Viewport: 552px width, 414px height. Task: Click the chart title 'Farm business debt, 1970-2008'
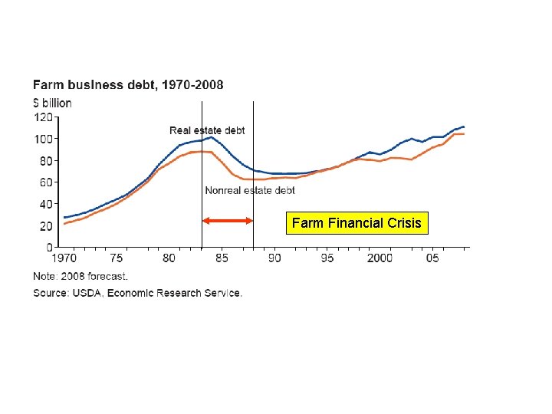(x=128, y=84)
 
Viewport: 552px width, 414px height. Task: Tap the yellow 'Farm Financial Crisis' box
(x=356, y=223)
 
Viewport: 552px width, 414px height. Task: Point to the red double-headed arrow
(x=228, y=221)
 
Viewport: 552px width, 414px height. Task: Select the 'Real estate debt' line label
(x=207, y=130)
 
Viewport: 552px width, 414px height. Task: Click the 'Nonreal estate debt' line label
(x=250, y=190)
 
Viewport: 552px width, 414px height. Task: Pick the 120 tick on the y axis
(x=43, y=117)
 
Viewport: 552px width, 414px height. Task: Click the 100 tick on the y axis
(x=43, y=139)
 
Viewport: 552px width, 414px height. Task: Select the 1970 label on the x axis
(x=64, y=258)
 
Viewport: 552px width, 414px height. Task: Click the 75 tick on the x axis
(x=117, y=258)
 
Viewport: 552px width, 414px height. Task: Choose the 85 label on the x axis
(x=222, y=258)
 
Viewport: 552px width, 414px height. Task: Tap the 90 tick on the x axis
(x=274, y=258)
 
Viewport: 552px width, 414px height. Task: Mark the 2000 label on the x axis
(x=379, y=258)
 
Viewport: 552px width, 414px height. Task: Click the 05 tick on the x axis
(x=432, y=258)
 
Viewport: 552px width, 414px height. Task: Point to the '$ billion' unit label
(x=52, y=103)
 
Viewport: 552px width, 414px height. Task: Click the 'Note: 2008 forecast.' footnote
(x=80, y=276)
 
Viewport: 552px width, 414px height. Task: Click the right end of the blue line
(x=464, y=127)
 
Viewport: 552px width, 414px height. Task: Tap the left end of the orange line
(x=64, y=224)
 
